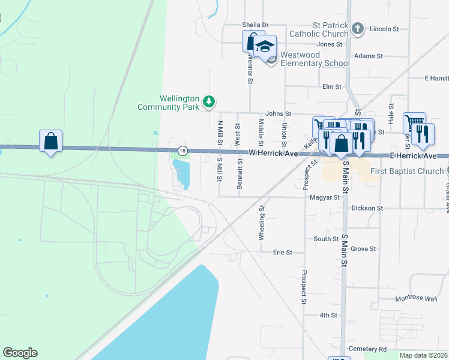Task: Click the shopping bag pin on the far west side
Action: point(51,142)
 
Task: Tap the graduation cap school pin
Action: point(265,47)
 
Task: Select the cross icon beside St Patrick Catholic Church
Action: point(358,29)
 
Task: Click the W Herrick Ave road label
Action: point(274,154)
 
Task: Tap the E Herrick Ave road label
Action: point(414,156)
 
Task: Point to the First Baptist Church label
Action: point(407,172)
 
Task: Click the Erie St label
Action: point(282,253)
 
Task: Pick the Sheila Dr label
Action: point(255,25)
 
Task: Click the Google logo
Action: point(20,353)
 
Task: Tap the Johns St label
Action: point(278,113)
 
